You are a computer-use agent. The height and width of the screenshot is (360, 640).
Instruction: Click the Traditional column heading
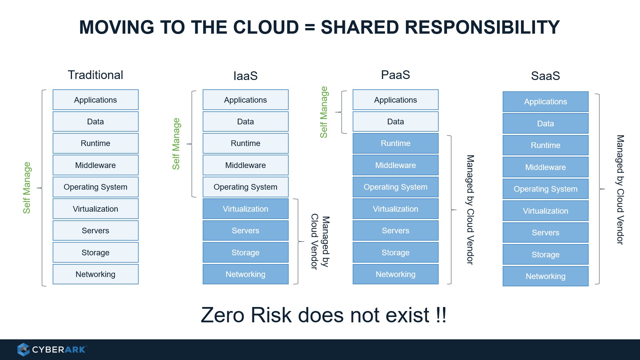pyautogui.click(x=95, y=75)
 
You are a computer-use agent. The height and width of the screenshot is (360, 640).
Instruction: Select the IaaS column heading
pyautogui.click(x=245, y=76)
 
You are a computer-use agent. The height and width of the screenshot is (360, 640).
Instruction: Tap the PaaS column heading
pyautogui.click(x=395, y=75)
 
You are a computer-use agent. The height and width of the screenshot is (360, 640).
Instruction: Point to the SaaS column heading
pyautogui.click(x=545, y=76)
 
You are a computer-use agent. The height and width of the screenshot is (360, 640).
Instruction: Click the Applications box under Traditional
pyautogui.click(x=96, y=100)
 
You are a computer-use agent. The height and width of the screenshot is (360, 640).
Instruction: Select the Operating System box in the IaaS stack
pyautogui.click(x=246, y=187)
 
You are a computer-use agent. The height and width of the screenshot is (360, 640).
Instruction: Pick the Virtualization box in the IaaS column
pyautogui.click(x=246, y=209)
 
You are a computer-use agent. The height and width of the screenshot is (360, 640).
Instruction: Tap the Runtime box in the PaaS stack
pyautogui.click(x=396, y=143)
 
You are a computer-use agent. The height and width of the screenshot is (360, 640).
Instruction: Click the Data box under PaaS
pyautogui.click(x=396, y=122)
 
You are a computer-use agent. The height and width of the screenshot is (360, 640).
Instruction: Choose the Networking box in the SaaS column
pyautogui.click(x=546, y=276)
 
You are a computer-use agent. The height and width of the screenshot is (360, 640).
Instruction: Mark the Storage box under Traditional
pyautogui.click(x=96, y=252)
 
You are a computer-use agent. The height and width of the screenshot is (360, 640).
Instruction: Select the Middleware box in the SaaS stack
pyautogui.click(x=546, y=167)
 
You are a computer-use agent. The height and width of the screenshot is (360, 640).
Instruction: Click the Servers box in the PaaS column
pyautogui.click(x=396, y=230)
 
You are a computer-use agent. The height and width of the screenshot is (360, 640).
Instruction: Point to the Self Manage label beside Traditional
pyautogui.click(x=27, y=188)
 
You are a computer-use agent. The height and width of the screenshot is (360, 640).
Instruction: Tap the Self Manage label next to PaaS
pyautogui.click(x=324, y=112)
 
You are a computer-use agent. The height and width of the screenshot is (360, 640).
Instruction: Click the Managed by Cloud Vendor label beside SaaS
pyautogui.click(x=620, y=190)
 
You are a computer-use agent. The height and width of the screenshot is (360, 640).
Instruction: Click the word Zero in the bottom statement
pyautogui.click(x=223, y=315)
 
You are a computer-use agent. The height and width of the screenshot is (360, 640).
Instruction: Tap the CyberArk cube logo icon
pyautogui.click(x=23, y=349)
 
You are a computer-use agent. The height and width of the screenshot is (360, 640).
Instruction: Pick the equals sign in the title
pyautogui.click(x=310, y=27)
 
